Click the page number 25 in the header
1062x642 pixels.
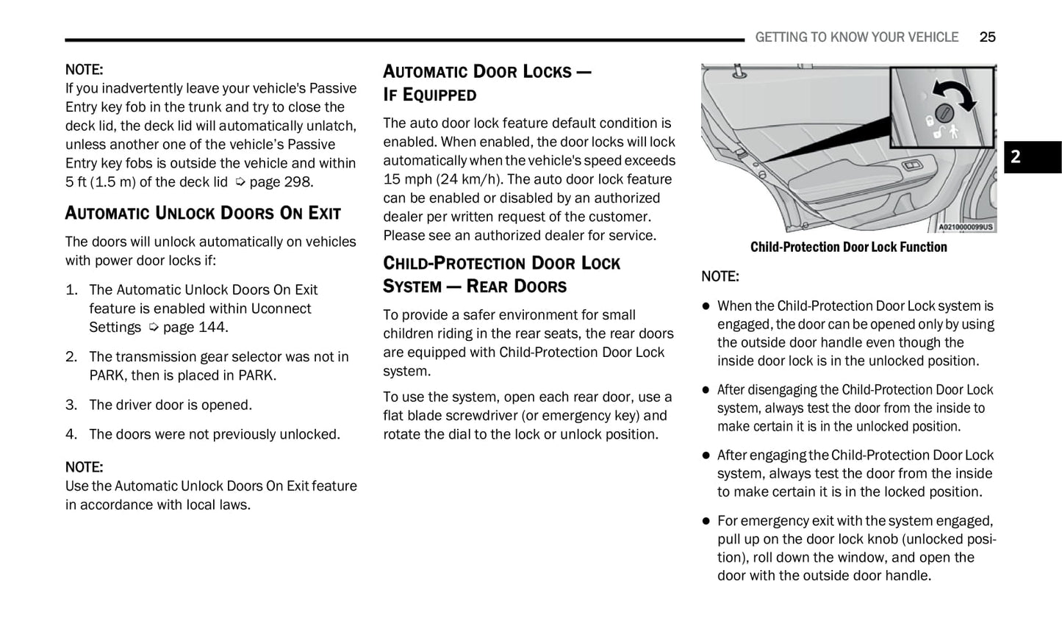[x=987, y=37]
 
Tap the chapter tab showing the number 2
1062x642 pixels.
[x=1032, y=156]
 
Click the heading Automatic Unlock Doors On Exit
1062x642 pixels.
[x=203, y=213]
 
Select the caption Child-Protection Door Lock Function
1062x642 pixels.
[x=848, y=247]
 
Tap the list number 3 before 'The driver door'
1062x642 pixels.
[x=71, y=405]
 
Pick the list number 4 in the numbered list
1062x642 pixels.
[x=71, y=434]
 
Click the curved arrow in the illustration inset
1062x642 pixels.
[x=955, y=93]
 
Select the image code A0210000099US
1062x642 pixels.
[x=965, y=227]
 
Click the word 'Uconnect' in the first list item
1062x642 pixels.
[x=281, y=309]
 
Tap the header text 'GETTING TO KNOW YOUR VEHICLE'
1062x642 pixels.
[x=856, y=37]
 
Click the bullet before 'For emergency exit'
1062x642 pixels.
[x=706, y=521]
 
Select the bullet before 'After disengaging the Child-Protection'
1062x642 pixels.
[x=706, y=390]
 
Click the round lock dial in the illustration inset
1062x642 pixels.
[x=946, y=113]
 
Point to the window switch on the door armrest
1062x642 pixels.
[x=911, y=165]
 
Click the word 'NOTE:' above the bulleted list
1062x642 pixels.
[x=720, y=276]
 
